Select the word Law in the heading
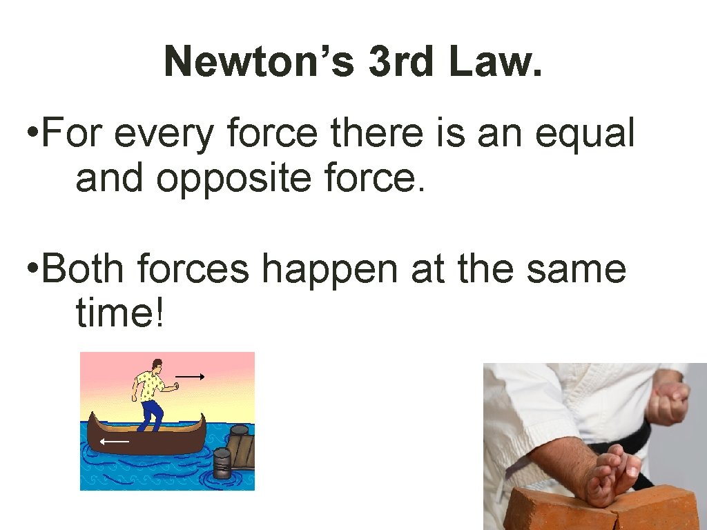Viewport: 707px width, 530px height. [489, 62]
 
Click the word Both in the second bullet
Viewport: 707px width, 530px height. [84, 269]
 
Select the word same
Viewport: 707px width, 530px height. [576, 269]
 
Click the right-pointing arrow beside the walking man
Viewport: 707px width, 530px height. [189, 377]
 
